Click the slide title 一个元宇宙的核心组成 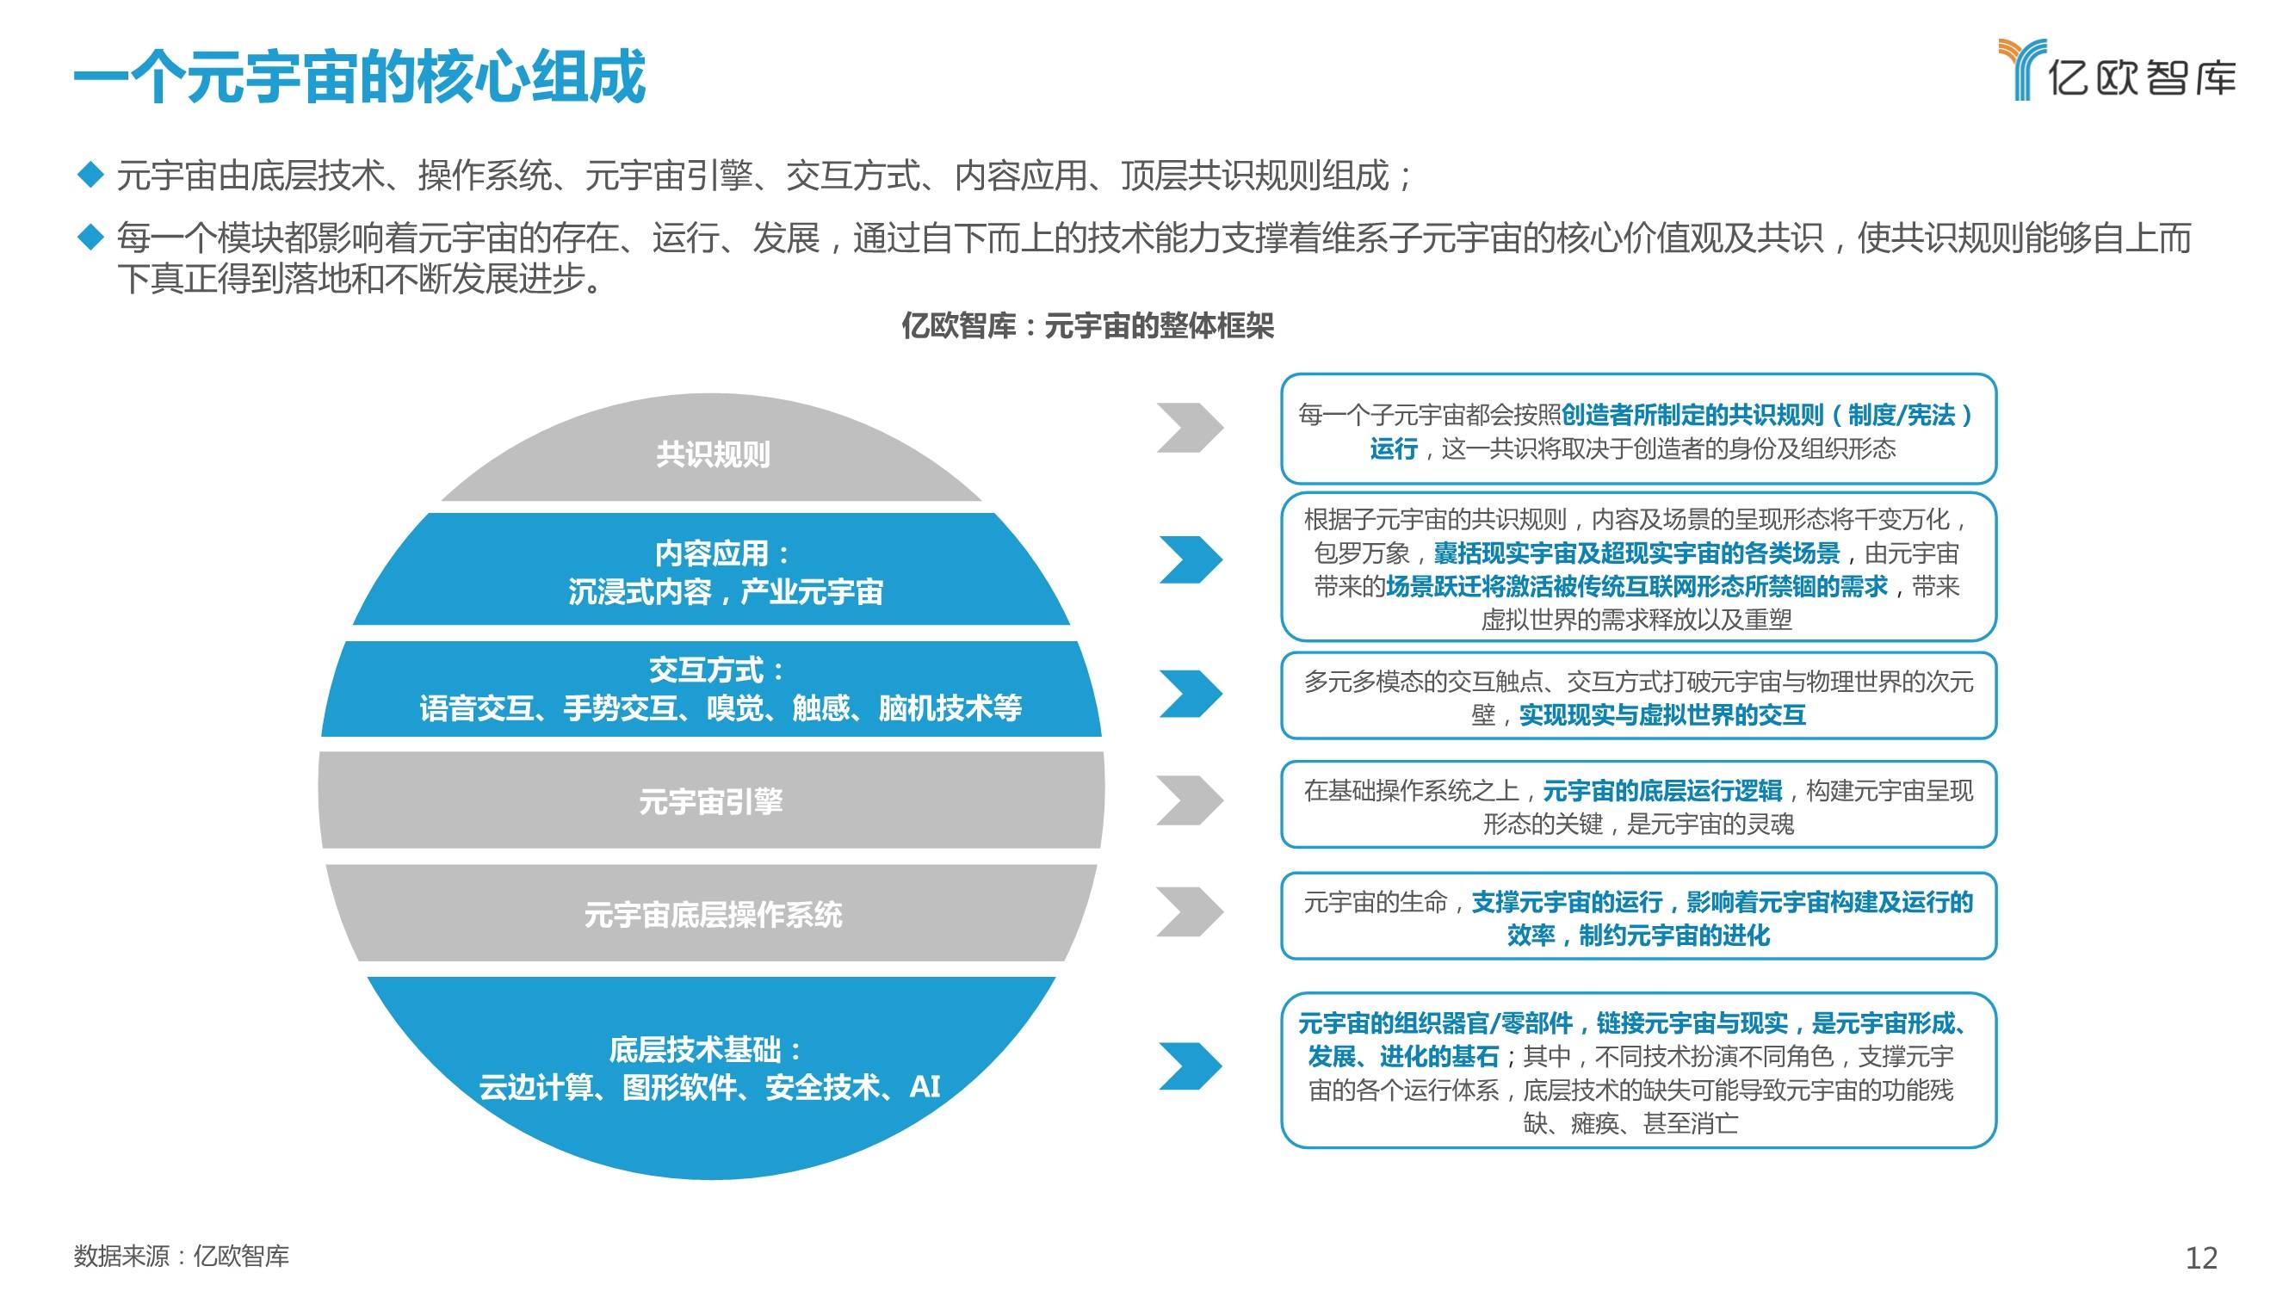click(x=359, y=77)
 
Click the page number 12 click(x=2201, y=1257)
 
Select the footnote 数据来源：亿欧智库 click(x=182, y=1257)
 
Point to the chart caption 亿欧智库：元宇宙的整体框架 click(x=1087, y=326)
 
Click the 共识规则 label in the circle click(x=713, y=454)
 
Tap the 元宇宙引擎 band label click(x=711, y=801)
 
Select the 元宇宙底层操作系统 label click(x=713, y=914)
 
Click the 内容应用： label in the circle click(x=721, y=553)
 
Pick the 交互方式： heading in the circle click(x=716, y=669)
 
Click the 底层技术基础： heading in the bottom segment click(x=704, y=1048)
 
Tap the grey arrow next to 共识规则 click(x=1190, y=428)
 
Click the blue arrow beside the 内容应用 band click(x=1191, y=560)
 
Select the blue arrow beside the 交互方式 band click(x=1191, y=693)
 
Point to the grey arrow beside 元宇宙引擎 click(x=1190, y=800)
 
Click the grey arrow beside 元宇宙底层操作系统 click(x=1190, y=911)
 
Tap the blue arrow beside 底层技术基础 click(x=1191, y=1066)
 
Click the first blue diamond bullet click(x=91, y=174)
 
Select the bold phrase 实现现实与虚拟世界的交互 click(x=1662, y=714)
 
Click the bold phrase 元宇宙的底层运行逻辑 click(x=1662, y=790)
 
